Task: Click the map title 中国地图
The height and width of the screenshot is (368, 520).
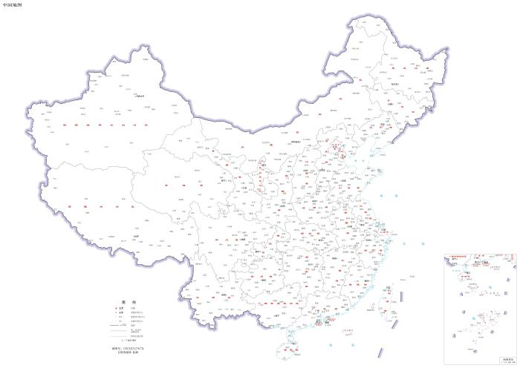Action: pos(13,4)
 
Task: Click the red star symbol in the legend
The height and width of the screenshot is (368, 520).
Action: pos(112,309)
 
